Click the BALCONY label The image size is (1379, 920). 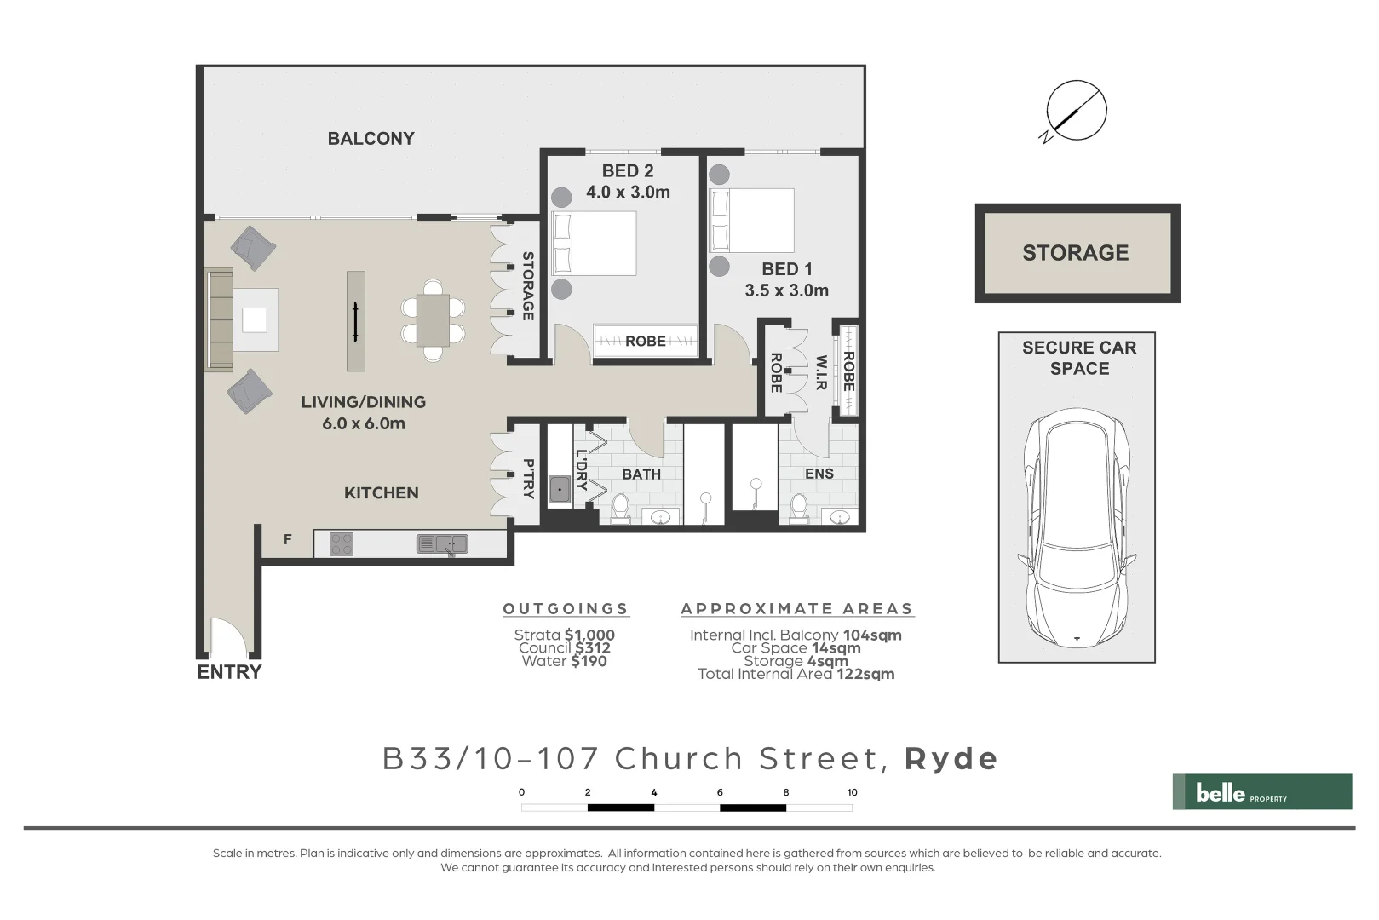(x=371, y=139)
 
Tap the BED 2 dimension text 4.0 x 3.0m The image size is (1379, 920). (x=628, y=193)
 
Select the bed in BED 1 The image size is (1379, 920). (x=751, y=221)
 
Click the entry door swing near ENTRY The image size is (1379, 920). (x=228, y=638)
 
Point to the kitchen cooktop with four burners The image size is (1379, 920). (x=342, y=543)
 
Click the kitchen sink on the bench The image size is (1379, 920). (x=442, y=543)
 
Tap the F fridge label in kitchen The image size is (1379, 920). (x=288, y=539)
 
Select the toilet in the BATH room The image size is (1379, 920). (x=620, y=508)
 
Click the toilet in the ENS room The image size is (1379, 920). (x=799, y=507)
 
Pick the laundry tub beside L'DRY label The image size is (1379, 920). (x=560, y=490)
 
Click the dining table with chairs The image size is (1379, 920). (x=433, y=319)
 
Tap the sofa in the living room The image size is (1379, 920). (x=219, y=319)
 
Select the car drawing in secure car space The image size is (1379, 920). (x=1077, y=528)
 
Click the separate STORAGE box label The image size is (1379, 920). (x=1075, y=253)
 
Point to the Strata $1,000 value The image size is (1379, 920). (x=589, y=635)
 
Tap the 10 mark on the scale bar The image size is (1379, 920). (x=852, y=792)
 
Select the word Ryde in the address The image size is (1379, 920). (x=951, y=758)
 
